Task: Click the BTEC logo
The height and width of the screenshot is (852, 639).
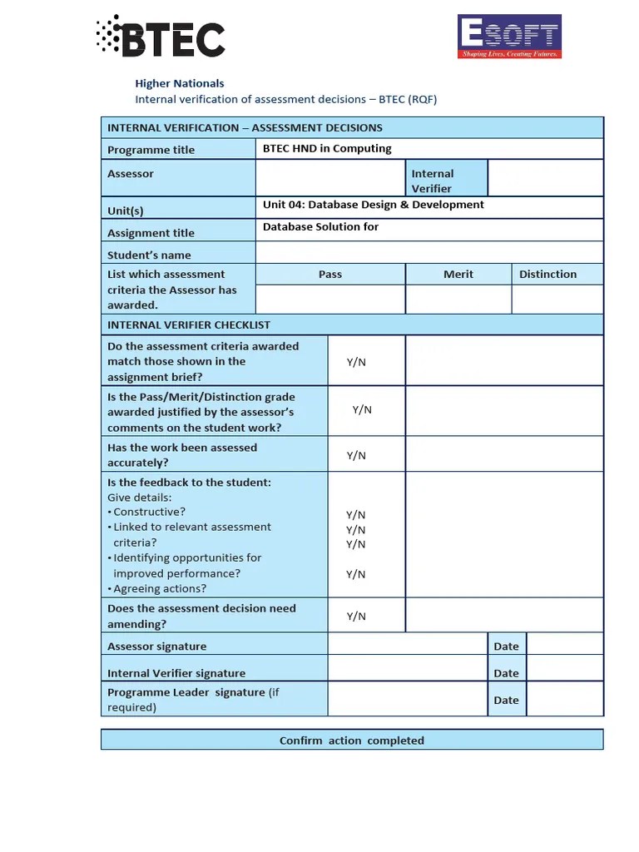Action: tap(161, 37)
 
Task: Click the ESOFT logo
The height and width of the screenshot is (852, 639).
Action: tap(509, 37)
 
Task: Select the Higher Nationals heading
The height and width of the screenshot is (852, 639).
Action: tap(180, 83)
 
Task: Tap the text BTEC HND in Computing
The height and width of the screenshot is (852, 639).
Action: tap(327, 149)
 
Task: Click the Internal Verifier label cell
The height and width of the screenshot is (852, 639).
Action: tap(446, 181)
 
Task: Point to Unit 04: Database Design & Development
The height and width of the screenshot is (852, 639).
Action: tap(373, 205)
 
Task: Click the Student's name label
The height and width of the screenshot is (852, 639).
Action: tap(149, 255)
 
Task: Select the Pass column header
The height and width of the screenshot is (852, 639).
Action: tap(330, 275)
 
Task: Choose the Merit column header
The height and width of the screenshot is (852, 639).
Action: tap(458, 275)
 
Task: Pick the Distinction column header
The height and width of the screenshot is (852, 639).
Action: tap(547, 275)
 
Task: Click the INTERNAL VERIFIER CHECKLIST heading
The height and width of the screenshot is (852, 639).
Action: tap(189, 325)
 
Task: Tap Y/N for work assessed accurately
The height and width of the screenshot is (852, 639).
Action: tap(356, 455)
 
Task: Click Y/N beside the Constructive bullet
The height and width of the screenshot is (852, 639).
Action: tap(356, 515)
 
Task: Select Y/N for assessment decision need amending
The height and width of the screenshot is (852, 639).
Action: tap(356, 617)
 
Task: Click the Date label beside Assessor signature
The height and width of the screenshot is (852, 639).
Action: tap(506, 646)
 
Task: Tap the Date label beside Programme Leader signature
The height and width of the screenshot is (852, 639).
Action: tap(506, 701)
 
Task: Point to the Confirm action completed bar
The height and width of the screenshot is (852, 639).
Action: tap(352, 741)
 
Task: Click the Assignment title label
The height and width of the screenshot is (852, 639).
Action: tap(151, 234)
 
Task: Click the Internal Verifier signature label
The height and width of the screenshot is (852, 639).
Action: tap(176, 674)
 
